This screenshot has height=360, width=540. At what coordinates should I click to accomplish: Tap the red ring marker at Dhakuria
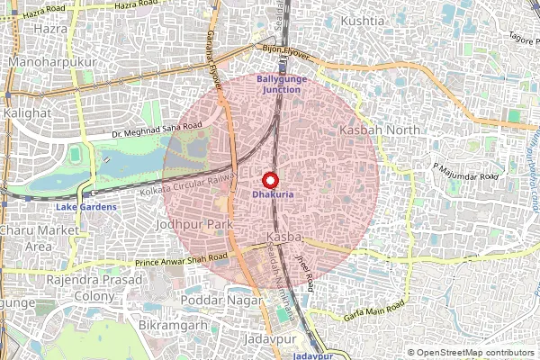(x=270, y=179)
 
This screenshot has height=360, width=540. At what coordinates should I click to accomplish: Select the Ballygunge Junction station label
(x=282, y=85)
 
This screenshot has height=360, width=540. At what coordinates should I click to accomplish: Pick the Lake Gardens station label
(x=86, y=207)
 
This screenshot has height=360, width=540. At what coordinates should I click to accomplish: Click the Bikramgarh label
(x=174, y=323)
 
